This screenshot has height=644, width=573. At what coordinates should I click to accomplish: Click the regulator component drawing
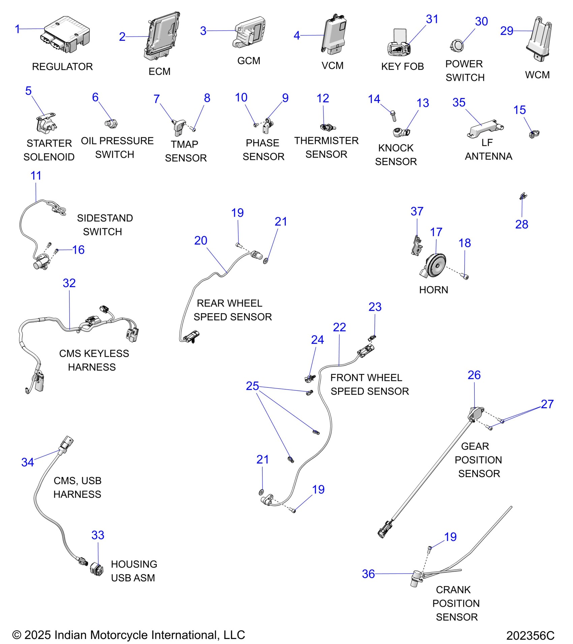tap(66, 34)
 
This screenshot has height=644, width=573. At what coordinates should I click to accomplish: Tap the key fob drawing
tap(399, 44)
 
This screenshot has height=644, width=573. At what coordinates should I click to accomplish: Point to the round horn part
tap(436, 265)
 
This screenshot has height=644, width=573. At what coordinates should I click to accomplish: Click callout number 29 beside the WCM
tap(506, 31)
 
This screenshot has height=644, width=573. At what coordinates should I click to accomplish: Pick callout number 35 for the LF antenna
tap(458, 102)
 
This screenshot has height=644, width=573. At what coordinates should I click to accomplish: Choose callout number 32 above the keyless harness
tap(69, 283)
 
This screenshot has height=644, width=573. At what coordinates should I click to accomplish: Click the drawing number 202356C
tap(530, 635)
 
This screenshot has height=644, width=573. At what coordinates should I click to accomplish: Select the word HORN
tap(433, 290)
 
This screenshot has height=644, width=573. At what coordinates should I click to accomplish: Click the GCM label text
tap(248, 61)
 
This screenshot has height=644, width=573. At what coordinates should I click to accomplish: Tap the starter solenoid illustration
tap(46, 123)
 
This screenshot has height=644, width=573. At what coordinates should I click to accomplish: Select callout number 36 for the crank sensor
tap(368, 574)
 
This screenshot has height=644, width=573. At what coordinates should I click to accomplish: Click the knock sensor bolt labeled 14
tap(393, 116)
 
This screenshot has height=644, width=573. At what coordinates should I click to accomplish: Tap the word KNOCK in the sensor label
tap(396, 148)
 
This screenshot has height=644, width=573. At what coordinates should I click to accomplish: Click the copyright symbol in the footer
tap(17, 635)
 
